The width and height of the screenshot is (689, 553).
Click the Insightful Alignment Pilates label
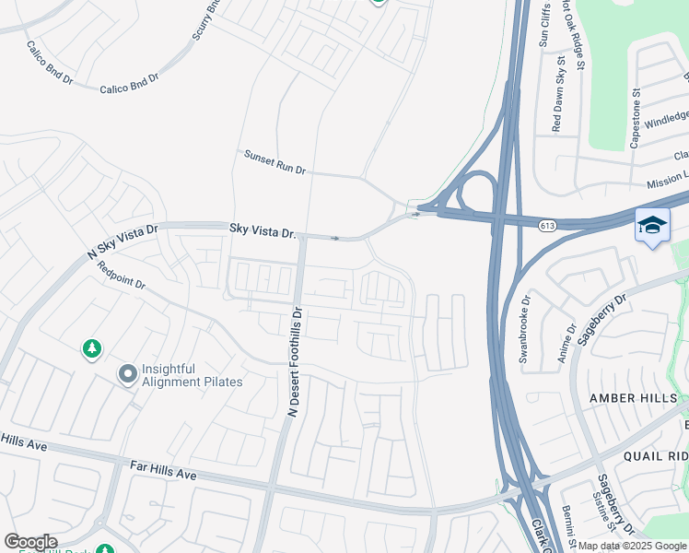tap(193, 375)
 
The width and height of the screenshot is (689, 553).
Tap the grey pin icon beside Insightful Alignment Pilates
tap(127, 374)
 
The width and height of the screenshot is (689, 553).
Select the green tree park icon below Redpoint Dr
tap(91, 348)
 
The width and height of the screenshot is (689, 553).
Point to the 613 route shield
tap(548, 224)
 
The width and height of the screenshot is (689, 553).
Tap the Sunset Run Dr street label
tap(274, 163)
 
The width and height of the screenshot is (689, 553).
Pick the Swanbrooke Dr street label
tap(525, 329)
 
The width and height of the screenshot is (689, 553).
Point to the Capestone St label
tap(635, 118)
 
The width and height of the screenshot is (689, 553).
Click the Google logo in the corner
tap(31, 541)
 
